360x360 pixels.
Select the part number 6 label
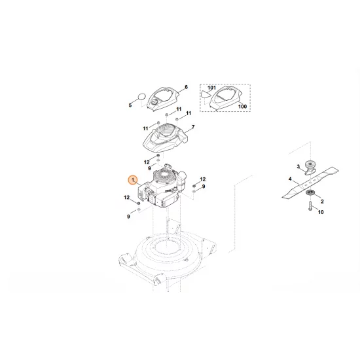(186, 87)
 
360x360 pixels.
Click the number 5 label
(130, 104)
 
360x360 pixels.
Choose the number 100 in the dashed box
(242, 106)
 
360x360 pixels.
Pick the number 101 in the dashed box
(211, 87)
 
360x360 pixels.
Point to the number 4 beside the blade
(290, 178)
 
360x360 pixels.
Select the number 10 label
(321, 213)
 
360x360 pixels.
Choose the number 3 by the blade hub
(297, 166)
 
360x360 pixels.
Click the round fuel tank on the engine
(184, 175)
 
